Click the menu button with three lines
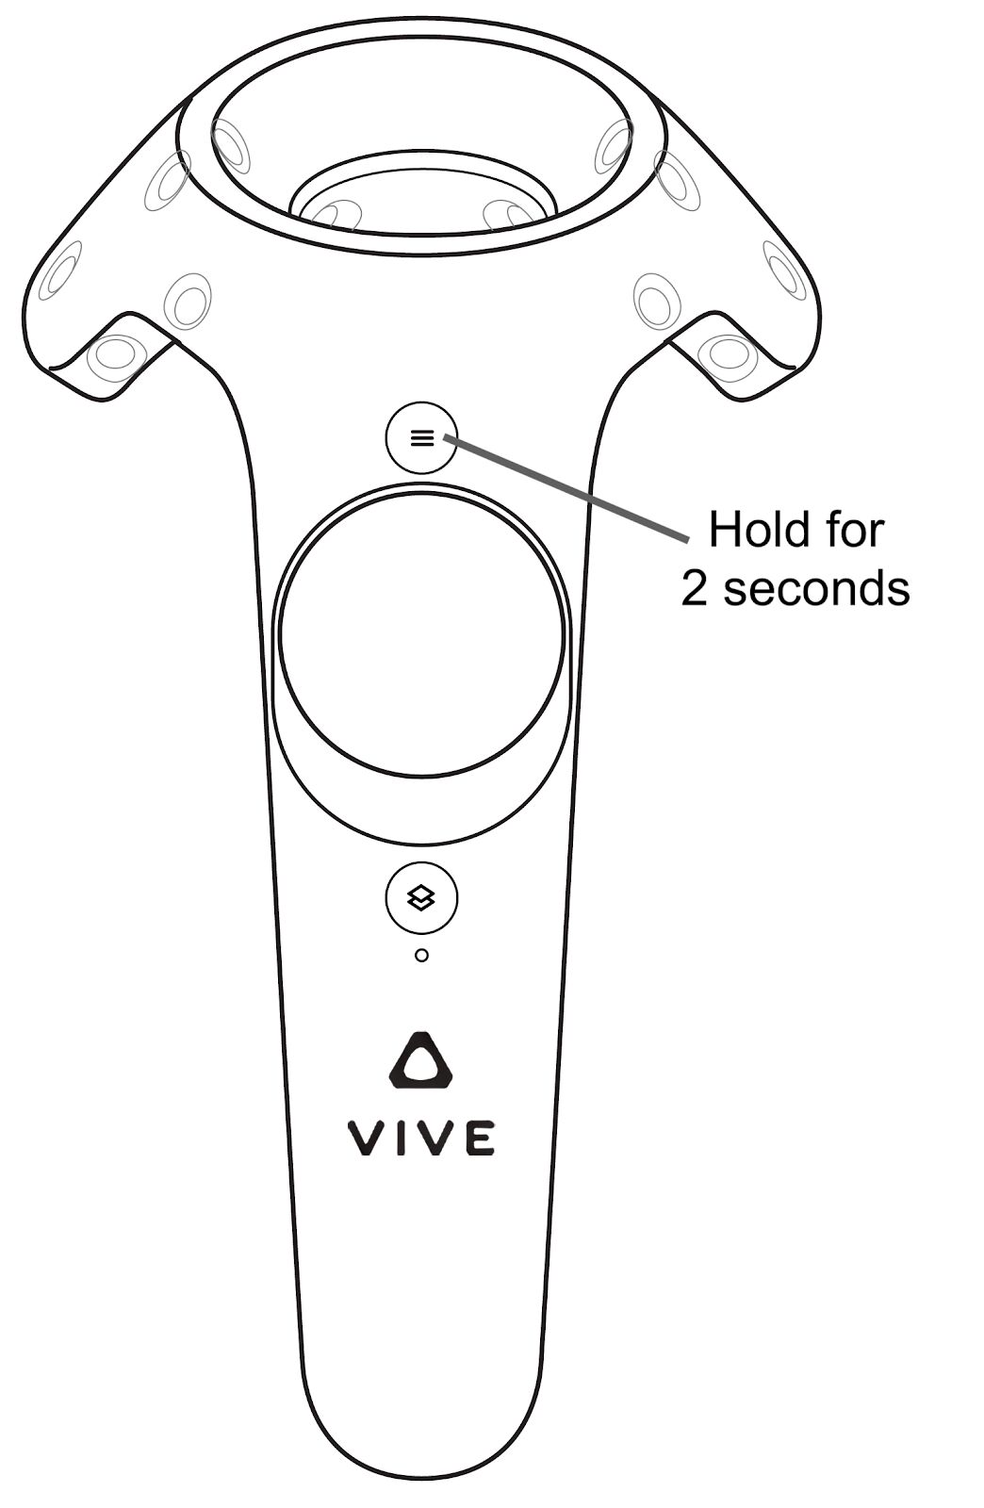click(x=421, y=437)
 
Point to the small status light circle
click(x=422, y=955)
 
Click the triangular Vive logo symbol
click(x=421, y=1059)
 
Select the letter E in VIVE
click(x=481, y=1138)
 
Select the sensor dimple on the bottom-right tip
click(x=729, y=357)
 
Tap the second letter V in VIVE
click(x=436, y=1138)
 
